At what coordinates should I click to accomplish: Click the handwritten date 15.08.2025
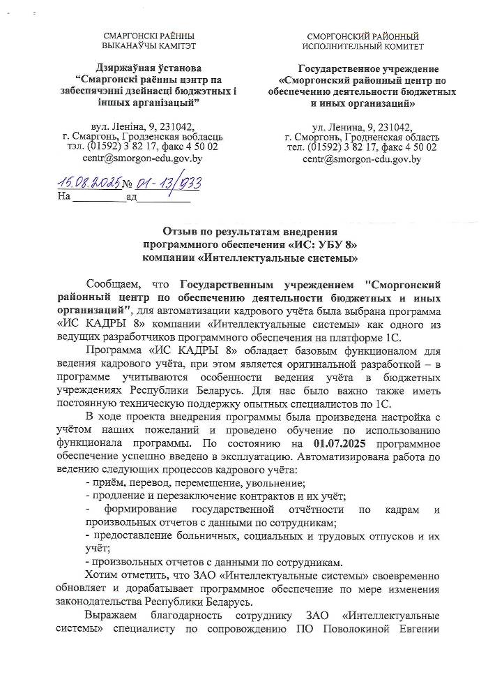pos(89,182)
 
